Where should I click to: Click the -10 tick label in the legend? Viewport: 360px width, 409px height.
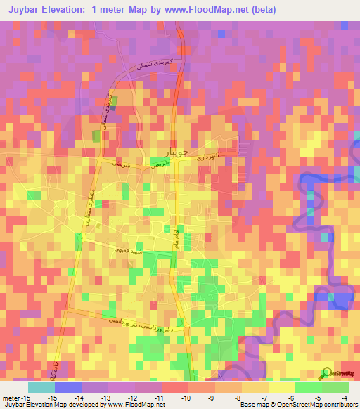tap(188, 398)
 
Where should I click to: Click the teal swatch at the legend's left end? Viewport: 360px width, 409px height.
tap(41, 387)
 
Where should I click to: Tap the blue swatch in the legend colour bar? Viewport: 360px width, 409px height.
tap(67, 387)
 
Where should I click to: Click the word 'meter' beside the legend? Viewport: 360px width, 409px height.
tap(12, 398)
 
